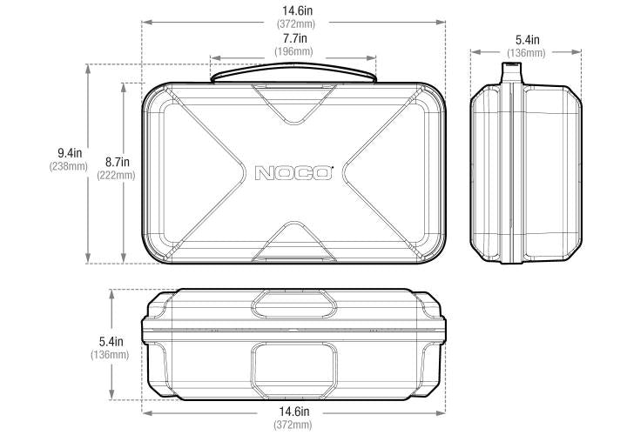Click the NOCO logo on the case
click(x=293, y=172)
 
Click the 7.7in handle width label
click(x=295, y=38)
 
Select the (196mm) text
click(x=294, y=51)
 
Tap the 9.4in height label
click(x=70, y=152)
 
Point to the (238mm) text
click(x=69, y=166)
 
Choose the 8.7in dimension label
click(x=118, y=162)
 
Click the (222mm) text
click(x=116, y=175)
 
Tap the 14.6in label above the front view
click(x=297, y=10)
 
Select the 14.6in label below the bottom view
click(x=294, y=411)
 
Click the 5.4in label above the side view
click(x=527, y=40)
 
